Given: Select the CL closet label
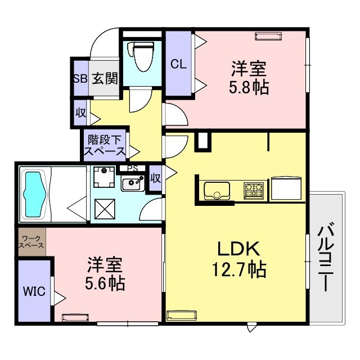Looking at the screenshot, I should [178, 64].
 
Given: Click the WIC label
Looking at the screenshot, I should [31, 291].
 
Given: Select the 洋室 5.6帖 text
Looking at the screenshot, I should [105, 273].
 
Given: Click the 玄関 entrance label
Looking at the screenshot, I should [105, 78].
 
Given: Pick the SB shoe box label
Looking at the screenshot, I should [79, 78].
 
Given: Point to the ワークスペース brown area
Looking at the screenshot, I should [31, 242].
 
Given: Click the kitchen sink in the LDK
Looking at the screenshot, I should [215, 191].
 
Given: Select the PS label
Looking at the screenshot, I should [132, 168].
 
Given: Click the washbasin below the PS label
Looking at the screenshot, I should [133, 183].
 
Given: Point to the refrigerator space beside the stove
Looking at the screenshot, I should [287, 190].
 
